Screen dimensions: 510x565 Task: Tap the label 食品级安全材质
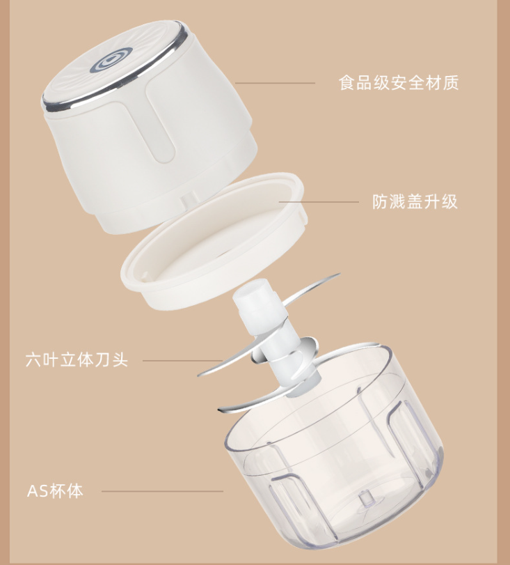(399, 83)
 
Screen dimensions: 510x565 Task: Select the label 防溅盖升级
(415, 202)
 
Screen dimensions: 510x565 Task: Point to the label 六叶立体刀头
(77, 360)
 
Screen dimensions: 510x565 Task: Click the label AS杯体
(55, 490)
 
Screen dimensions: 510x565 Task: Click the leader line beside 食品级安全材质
(275, 83)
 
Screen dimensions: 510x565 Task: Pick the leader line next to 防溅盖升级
(319, 202)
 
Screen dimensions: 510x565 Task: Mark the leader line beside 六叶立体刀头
(182, 360)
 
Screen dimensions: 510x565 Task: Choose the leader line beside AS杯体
(162, 491)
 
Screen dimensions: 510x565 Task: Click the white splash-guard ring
(214, 242)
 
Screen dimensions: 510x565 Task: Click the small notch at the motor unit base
(189, 201)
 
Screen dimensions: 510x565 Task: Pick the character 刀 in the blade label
(103, 360)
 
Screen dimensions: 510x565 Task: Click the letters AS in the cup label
(38, 491)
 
